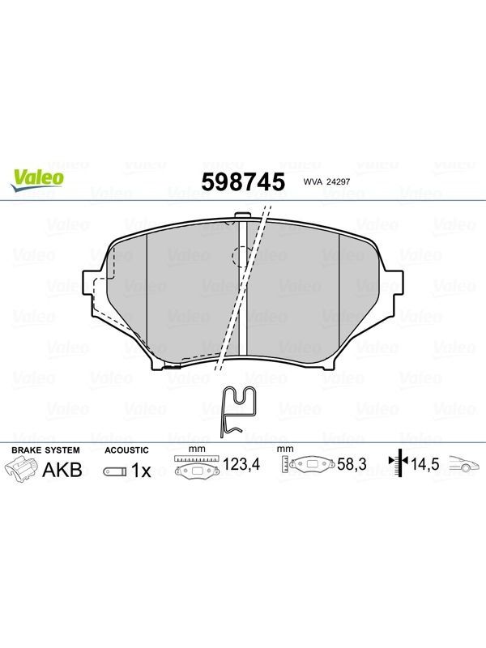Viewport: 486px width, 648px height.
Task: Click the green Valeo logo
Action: [x=37, y=180]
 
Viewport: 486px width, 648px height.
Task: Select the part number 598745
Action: [x=243, y=181]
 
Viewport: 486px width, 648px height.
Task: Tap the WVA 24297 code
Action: [x=326, y=181]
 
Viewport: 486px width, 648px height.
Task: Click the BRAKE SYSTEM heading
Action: [x=45, y=450]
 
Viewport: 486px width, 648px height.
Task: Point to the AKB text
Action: [x=62, y=470]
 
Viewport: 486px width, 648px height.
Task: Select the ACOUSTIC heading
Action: [x=126, y=450]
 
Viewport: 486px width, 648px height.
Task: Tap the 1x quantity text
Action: [x=141, y=471]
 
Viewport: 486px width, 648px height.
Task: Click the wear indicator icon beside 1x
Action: [x=115, y=471]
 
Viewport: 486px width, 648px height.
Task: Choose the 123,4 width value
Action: [x=241, y=464]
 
